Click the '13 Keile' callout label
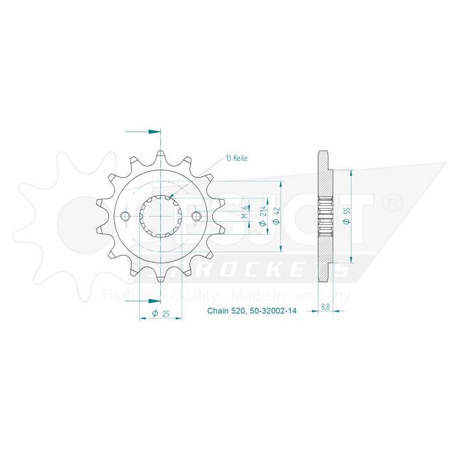(237, 158)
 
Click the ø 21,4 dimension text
(261, 216)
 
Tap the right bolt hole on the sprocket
(197, 217)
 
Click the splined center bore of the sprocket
(161, 217)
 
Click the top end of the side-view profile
(323, 156)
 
